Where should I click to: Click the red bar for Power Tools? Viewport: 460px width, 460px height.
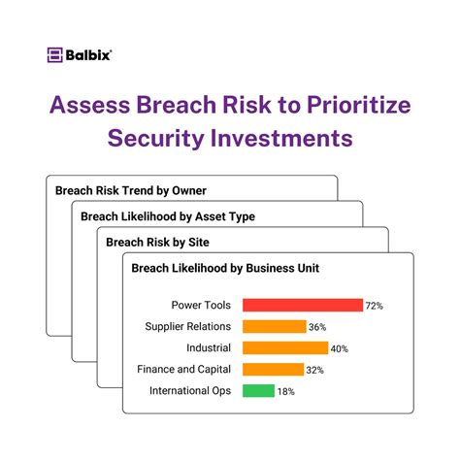click(302, 306)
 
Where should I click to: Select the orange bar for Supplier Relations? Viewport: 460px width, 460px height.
click(274, 327)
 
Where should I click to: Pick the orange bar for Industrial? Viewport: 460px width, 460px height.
click(284, 348)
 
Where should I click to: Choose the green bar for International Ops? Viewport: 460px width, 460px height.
click(258, 391)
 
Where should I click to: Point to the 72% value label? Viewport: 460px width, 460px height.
click(375, 306)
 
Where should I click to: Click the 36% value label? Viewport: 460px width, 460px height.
click(317, 327)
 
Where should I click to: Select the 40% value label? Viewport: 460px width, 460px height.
click(339, 348)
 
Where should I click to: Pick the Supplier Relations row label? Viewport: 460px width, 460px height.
click(187, 327)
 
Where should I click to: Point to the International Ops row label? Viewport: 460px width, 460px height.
click(189, 391)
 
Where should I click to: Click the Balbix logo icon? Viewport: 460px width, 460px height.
click(55, 56)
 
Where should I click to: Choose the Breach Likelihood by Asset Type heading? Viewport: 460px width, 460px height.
click(168, 216)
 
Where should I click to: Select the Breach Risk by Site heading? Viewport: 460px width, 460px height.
click(157, 242)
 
